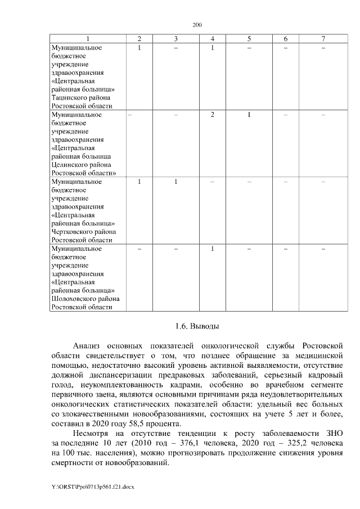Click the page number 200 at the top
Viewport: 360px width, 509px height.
(x=196, y=25)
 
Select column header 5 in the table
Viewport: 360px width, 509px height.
(x=249, y=38)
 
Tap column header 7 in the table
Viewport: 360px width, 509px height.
(x=323, y=38)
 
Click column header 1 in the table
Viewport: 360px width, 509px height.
(x=86, y=38)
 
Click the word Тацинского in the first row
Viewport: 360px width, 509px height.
(x=69, y=97)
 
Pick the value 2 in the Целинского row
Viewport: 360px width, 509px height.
(x=213, y=115)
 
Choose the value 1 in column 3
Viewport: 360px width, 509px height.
(x=175, y=182)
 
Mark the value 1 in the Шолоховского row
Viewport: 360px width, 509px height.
(x=213, y=249)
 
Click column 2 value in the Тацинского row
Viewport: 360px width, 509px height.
(x=139, y=48)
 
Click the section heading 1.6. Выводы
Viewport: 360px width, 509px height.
(x=196, y=326)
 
